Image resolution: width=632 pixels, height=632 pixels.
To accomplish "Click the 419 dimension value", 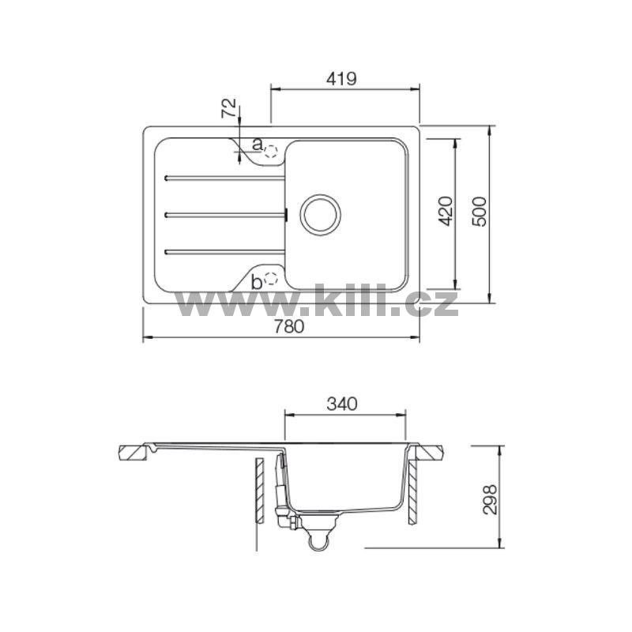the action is tap(341, 78).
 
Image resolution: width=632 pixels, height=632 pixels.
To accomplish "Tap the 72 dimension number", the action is tap(229, 107).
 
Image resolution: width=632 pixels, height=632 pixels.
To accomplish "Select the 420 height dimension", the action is tap(446, 211).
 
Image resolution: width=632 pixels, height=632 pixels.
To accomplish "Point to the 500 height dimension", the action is tap(480, 211).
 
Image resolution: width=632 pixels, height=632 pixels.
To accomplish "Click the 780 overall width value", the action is tap(289, 326).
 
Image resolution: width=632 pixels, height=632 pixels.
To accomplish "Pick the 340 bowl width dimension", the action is tap(342, 404).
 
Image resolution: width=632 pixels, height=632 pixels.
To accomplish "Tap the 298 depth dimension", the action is tap(490, 499).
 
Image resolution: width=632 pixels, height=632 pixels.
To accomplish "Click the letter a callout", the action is tap(258, 144).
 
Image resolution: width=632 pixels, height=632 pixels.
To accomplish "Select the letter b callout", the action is tap(256, 282).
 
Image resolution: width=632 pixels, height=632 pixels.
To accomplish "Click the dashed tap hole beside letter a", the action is tap(271, 151).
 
